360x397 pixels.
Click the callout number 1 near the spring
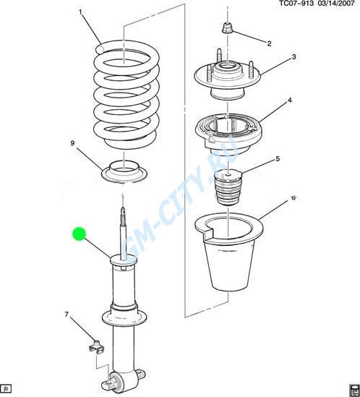coord(80,12)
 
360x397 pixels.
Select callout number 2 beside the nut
coord(269,43)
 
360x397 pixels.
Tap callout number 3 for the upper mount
coord(293,56)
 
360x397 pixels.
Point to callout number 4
coord(290,101)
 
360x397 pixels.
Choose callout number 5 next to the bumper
coord(278,159)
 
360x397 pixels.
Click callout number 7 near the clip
coord(67,315)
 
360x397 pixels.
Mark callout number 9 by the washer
coord(72,143)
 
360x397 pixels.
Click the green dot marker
coord(80,234)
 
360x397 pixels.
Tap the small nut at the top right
coord(227,27)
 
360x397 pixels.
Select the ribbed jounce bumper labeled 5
coord(228,187)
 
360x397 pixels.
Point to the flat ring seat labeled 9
coord(124,171)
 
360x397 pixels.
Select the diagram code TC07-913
coord(296,4)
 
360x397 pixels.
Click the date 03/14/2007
coord(335,4)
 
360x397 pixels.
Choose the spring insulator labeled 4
coord(229,134)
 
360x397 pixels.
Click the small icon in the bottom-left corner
coord(6,388)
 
